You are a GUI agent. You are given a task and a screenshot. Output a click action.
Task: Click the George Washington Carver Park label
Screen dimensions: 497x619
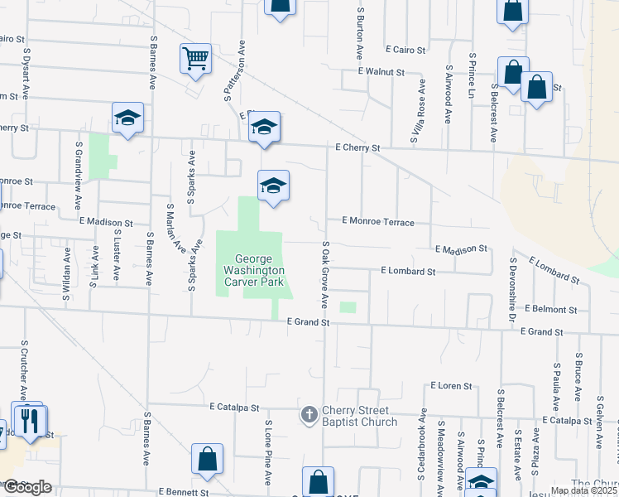[253, 270]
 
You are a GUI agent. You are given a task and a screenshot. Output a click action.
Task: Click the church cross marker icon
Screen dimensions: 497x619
[309, 414]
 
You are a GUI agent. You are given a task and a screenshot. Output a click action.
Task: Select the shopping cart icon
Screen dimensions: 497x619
[195, 58]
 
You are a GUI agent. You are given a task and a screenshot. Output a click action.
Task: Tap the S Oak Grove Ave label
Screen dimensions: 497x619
[326, 273]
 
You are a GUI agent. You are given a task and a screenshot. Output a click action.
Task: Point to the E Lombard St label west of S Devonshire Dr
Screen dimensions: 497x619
[408, 271]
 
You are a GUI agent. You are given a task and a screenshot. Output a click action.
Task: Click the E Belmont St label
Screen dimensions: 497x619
[551, 309]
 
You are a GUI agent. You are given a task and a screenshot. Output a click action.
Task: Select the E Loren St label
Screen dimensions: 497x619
[451, 386]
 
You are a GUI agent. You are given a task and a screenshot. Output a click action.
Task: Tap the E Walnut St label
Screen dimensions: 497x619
[381, 72]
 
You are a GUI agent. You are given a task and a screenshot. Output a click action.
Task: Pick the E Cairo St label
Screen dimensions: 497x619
[404, 50]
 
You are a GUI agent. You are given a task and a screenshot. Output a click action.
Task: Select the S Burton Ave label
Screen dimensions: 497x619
[361, 33]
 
